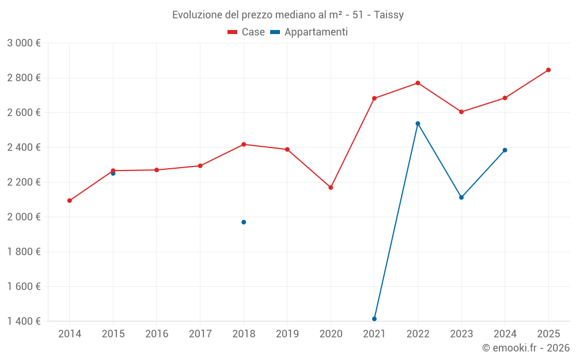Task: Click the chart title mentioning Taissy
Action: click(287, 14)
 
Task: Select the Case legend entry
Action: click(246, 32)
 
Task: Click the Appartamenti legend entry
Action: click(309, 32)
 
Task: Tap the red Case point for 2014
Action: click(70, 200)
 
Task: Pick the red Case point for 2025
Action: click(548, 70)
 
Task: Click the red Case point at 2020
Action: click(331, 187)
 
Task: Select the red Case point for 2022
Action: click(418, 83)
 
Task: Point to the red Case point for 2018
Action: click(244, 144)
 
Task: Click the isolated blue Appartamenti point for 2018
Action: click(244, 222)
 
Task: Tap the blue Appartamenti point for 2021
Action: click(374, 319)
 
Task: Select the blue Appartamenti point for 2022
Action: click(418, 123)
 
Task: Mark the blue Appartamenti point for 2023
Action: click(461, 198)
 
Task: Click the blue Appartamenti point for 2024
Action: click(505, 150)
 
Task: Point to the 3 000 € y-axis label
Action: click(24, 43)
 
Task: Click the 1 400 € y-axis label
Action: click(24, 321)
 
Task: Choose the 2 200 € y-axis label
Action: click(24, 182)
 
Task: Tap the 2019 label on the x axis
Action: click(287, 334)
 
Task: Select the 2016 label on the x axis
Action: click(157, 334)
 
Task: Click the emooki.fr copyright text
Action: click(525, 348)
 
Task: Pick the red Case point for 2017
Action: click(200, 166)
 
